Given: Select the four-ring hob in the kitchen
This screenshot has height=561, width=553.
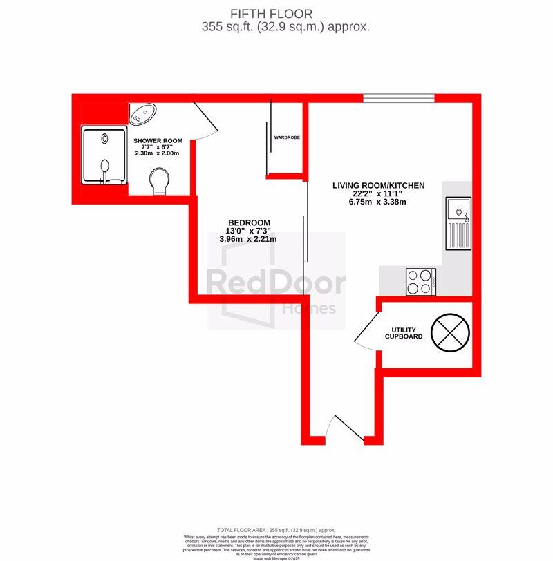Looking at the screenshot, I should click(x=419, y=282).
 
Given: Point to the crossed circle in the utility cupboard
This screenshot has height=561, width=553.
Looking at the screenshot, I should click(x=451, y=332).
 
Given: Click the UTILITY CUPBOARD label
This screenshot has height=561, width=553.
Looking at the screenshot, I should click(x=404, y=333).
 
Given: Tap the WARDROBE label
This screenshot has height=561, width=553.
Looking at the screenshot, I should click(x=287, y=137).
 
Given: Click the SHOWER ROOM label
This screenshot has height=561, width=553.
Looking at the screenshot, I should click(x=158, y=141).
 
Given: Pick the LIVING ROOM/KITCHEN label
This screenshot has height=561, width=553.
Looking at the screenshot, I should click(x=378, y=185).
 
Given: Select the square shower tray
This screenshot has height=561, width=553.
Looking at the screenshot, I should click(x=104, y=156).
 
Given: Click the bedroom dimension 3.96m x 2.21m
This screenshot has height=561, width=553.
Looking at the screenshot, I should click(x=248, y=239).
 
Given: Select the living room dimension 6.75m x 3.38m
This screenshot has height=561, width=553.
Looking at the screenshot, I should click(x=378, y=202).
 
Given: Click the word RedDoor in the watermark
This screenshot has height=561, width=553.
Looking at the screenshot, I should click(x=276, y=282).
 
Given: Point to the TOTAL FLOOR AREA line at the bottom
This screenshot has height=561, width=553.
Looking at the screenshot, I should click(x=276, y=529).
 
